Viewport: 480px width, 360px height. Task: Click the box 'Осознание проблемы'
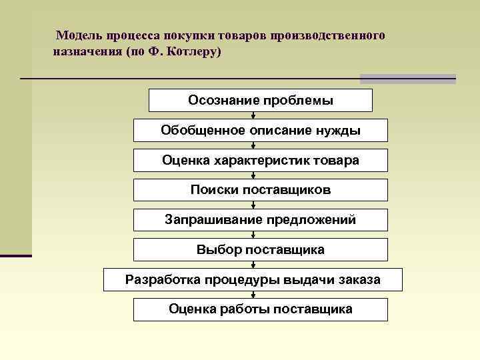(260, 101)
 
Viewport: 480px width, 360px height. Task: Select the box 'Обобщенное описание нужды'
(260, 131)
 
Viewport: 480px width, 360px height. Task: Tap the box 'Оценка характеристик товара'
(260, 161)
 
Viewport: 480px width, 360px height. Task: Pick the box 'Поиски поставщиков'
(260, 190)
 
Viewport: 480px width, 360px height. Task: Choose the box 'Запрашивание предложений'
(260, 220)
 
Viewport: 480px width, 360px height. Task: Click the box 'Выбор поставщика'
(260, 250)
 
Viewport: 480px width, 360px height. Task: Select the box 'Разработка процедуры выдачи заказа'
(253, 280)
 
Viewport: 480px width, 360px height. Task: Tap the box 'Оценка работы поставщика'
(260, 309)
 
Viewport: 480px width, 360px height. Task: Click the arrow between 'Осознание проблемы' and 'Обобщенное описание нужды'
(253, 115)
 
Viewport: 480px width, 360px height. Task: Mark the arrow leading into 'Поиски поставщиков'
(253, 175)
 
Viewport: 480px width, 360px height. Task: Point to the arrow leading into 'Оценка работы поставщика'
(253, 295)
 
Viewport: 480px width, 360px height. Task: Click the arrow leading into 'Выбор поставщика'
(253, 235)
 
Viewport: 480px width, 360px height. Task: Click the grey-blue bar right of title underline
(407, 79)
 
